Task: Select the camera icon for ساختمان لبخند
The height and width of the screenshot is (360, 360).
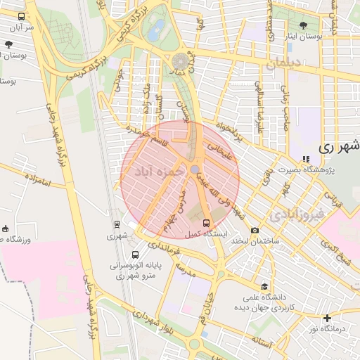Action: [255, 231]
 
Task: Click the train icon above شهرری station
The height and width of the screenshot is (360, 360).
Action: [117, 224]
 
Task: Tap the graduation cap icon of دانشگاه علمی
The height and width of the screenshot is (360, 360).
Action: [264, 286]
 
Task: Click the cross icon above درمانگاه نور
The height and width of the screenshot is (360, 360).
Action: [326, 318]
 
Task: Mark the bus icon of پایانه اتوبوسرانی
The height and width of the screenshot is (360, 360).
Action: [134, 255]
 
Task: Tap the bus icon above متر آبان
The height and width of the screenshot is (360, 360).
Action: [21, 16]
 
